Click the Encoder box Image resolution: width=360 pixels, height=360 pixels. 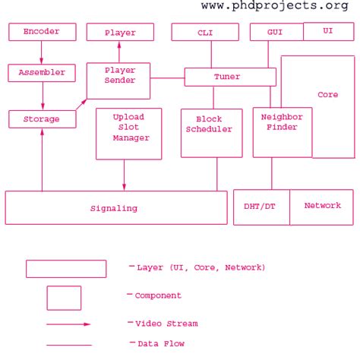42,32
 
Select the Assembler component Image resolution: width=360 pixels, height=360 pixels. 42,73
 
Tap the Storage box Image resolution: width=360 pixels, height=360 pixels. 43,118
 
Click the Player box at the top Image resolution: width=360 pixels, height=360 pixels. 120,33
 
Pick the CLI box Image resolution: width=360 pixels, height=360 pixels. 205,32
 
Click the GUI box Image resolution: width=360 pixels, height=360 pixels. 276,33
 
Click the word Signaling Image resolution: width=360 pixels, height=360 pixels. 114,207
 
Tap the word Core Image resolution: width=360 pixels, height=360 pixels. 327,95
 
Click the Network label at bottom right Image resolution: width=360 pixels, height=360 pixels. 322,206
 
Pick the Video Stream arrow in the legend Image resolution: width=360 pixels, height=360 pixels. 68,324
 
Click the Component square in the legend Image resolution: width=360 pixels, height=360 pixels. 64,298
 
